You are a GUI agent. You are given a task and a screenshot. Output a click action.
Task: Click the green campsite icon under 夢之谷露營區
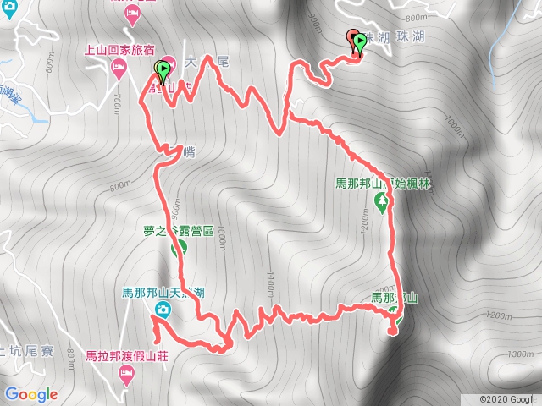click(x=179, y=249)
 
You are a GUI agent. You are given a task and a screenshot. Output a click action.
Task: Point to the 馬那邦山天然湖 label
click(x=163, y=294)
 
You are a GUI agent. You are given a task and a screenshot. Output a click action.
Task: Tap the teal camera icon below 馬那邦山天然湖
click(x=163, y=310)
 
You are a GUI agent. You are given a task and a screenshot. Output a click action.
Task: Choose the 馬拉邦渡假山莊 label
click(x=128, y=356)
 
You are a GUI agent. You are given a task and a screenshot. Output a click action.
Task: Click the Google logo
click(x=30, y=394)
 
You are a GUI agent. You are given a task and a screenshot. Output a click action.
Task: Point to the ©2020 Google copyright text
click(x=509, y=398)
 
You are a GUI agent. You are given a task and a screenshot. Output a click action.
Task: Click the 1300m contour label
click(x=519, y=355)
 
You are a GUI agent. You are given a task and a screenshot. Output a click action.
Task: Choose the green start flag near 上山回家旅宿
click(x=162, y=70)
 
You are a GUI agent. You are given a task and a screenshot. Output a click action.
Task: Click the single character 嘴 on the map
click(x=176, y=152)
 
